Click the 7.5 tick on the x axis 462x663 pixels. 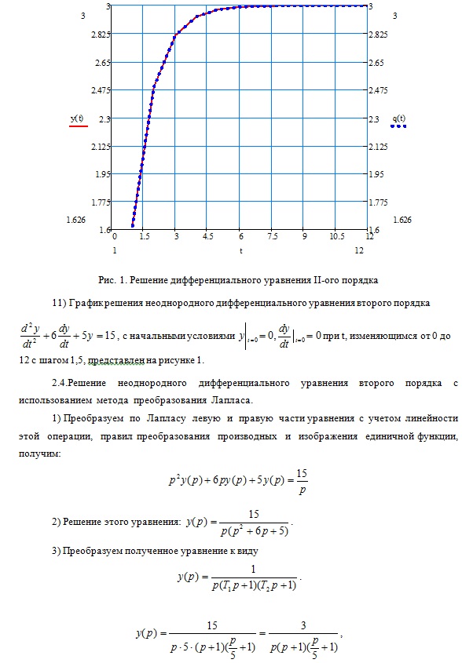271,235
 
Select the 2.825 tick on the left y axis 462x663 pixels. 99,35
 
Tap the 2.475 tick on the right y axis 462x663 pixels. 382,90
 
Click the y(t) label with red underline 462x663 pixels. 78,118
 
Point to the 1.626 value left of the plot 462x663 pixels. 76,220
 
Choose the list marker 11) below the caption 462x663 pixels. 57,302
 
